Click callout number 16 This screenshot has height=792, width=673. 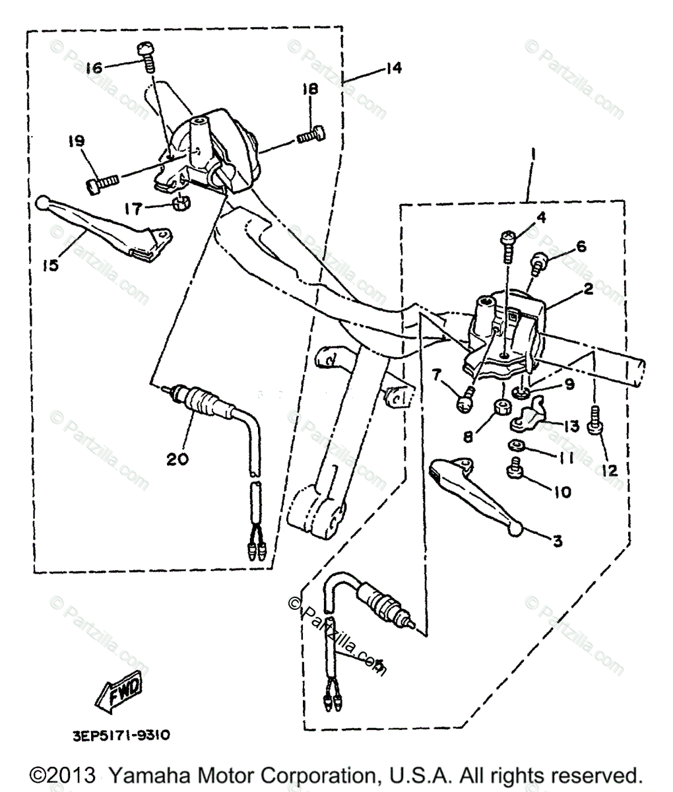coord(95,67)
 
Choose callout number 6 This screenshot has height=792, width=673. coord(581,246)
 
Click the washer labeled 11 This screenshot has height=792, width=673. coord(517,445)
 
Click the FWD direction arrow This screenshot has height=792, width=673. coord(119,692)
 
